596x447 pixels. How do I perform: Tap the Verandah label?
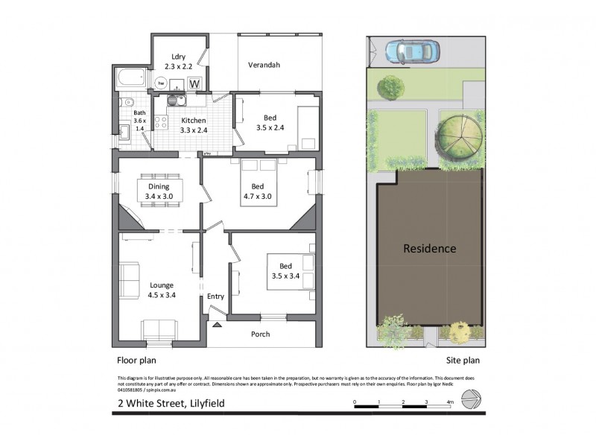(x=264, y=65)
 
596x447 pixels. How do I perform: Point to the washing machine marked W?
(x=194, y=83)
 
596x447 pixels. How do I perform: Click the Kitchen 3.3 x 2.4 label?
(x=193, y=125)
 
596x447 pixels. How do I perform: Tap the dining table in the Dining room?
(x=158, y=191)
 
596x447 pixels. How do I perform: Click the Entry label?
(x=215, y=297)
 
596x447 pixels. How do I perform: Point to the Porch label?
(x=260, y=334)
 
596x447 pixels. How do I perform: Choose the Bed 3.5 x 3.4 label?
(x=285, y=270)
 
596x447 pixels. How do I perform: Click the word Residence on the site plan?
(x=430, y=248)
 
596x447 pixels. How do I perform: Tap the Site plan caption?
(x=457, y=360)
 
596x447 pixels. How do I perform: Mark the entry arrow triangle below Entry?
(x=216, y=325)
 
